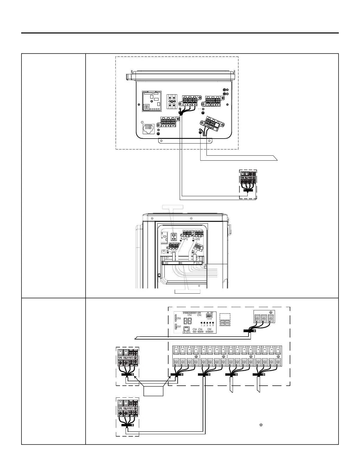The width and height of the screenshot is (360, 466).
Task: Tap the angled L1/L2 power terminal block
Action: coord(211,123)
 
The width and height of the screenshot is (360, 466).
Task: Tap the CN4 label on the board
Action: coord(199,315)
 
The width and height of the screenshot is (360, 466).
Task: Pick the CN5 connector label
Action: coord(210,329)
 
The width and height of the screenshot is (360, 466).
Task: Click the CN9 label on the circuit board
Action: coord(194,329)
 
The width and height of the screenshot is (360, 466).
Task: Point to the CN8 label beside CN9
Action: coord(200,329)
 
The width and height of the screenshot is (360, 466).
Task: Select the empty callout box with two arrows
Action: coord(153,391)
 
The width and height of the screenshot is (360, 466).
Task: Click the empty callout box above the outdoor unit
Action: coord(173,207)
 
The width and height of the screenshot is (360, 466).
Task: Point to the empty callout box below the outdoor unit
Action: coord(187,291)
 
